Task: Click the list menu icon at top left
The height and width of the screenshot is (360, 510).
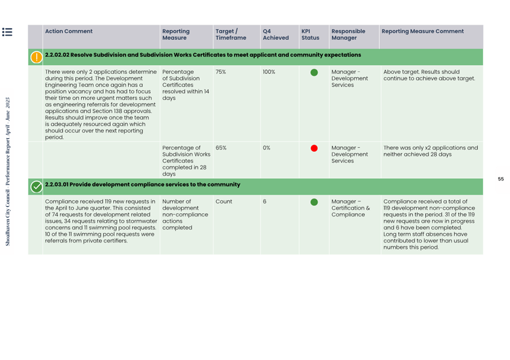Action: (7, 32)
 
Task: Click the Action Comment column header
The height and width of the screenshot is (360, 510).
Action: (69, 32)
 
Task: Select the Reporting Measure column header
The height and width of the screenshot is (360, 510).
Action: (176, 34)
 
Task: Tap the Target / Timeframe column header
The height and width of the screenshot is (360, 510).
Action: (231, 34)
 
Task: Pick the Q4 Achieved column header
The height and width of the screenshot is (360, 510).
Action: (275, 34)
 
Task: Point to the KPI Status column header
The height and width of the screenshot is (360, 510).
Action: (310, 34)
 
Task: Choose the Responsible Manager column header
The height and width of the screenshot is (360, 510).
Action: (348, 34)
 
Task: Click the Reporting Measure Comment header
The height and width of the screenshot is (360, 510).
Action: (423, 32)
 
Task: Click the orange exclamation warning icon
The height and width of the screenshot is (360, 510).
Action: (36, 57)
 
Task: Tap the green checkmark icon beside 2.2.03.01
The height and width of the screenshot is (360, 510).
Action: (36, 186)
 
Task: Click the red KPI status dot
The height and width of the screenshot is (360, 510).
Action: (314, 148)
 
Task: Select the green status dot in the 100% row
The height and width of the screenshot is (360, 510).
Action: (314, 73)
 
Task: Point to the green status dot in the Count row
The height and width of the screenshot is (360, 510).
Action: (314, 202)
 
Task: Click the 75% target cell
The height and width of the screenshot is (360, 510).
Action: (221, 72)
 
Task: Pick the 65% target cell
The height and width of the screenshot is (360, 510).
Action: (221, 148)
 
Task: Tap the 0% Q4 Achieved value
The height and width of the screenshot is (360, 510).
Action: (267, 148)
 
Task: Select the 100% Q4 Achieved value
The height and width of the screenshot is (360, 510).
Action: (269, 72)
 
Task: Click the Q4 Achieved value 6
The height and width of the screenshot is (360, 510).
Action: (264, 202)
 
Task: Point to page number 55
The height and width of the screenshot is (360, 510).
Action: (501, 179)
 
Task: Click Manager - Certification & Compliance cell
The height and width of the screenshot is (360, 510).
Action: (351, 208)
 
